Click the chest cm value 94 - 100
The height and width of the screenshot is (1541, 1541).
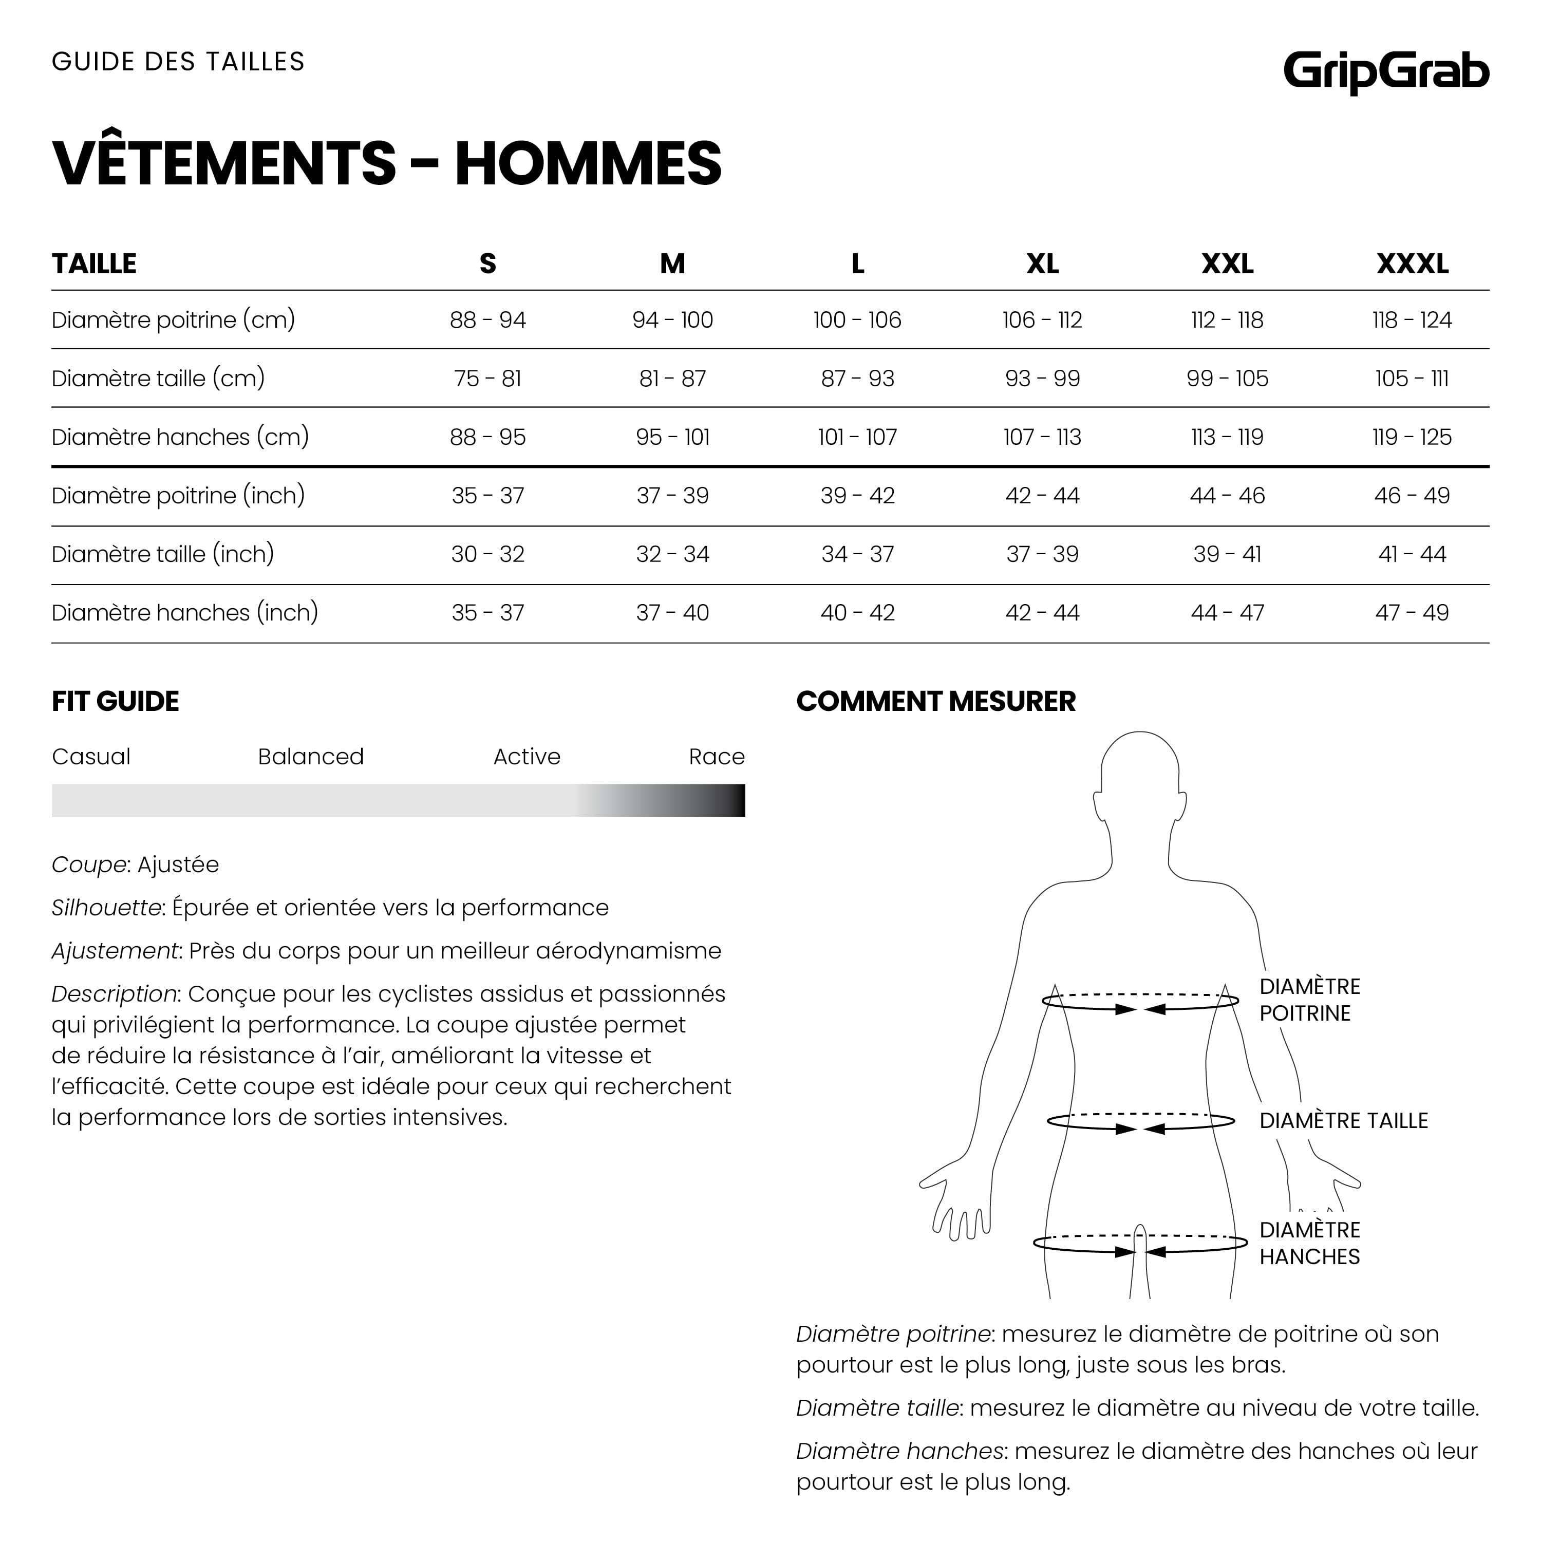click(x=672, y=321)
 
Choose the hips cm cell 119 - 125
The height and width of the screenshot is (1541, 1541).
click(x=1412, y=437)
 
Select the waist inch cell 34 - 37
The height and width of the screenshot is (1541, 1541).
click(x=857, y=554)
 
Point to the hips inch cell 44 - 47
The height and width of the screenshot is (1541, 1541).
click(x=1227, y=613)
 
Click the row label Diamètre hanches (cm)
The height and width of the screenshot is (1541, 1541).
click(x=180, y=437)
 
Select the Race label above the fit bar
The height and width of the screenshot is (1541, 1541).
click(x=716, y=756)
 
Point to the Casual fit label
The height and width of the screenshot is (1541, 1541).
click(x=91, y=756)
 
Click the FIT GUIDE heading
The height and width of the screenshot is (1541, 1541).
click(x=116, y=701)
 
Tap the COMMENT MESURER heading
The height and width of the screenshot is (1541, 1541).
click(x=935, y=701)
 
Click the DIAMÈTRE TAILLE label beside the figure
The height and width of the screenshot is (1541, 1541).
click(x=1343, y=1121)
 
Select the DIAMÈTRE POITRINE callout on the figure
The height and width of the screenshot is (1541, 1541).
click(x=1310, y=1000)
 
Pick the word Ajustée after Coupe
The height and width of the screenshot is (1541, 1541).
click(x=178, y=865)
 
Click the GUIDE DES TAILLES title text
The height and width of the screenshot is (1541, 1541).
click(x=178, y=62)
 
